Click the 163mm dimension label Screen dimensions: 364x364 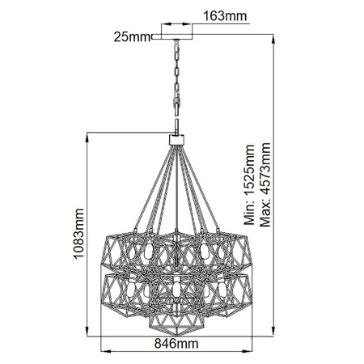click(225, 16)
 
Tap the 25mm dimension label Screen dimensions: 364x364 click(132, 37)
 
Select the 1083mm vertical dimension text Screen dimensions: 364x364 click(78, 234)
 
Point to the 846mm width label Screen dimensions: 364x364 click(176, 344)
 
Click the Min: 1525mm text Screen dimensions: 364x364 click(249, 185)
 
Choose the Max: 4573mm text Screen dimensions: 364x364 click(265, 185)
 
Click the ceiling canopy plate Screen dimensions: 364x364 click(172, 37)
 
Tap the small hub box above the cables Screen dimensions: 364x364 click(176, 140)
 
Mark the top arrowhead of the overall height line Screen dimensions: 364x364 click(273, 40)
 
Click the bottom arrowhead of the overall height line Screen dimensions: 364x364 click(273, 330)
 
